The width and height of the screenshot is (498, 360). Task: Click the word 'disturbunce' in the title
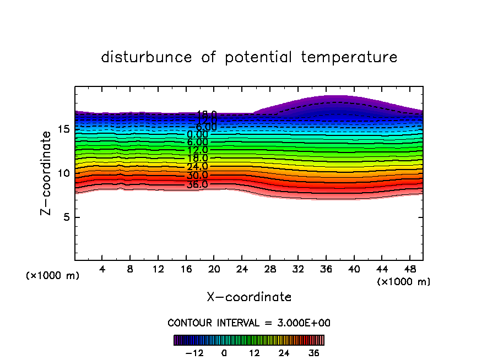[x=147, y=57]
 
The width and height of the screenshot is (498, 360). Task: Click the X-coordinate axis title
[x=249, y=297]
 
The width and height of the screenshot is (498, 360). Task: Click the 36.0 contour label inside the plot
[x=197, y=184]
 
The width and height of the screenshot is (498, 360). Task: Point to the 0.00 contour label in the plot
[x=197, y=134]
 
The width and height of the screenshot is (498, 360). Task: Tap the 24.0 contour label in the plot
[x=197, y=167]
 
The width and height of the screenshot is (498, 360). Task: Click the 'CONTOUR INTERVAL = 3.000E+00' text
[x=249, y=323]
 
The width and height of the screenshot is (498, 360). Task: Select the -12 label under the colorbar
[x=194, y=353]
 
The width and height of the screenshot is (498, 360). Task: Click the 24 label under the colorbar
[x=284, y=353]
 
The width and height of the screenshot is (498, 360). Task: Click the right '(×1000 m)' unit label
[x=404, y=282]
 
